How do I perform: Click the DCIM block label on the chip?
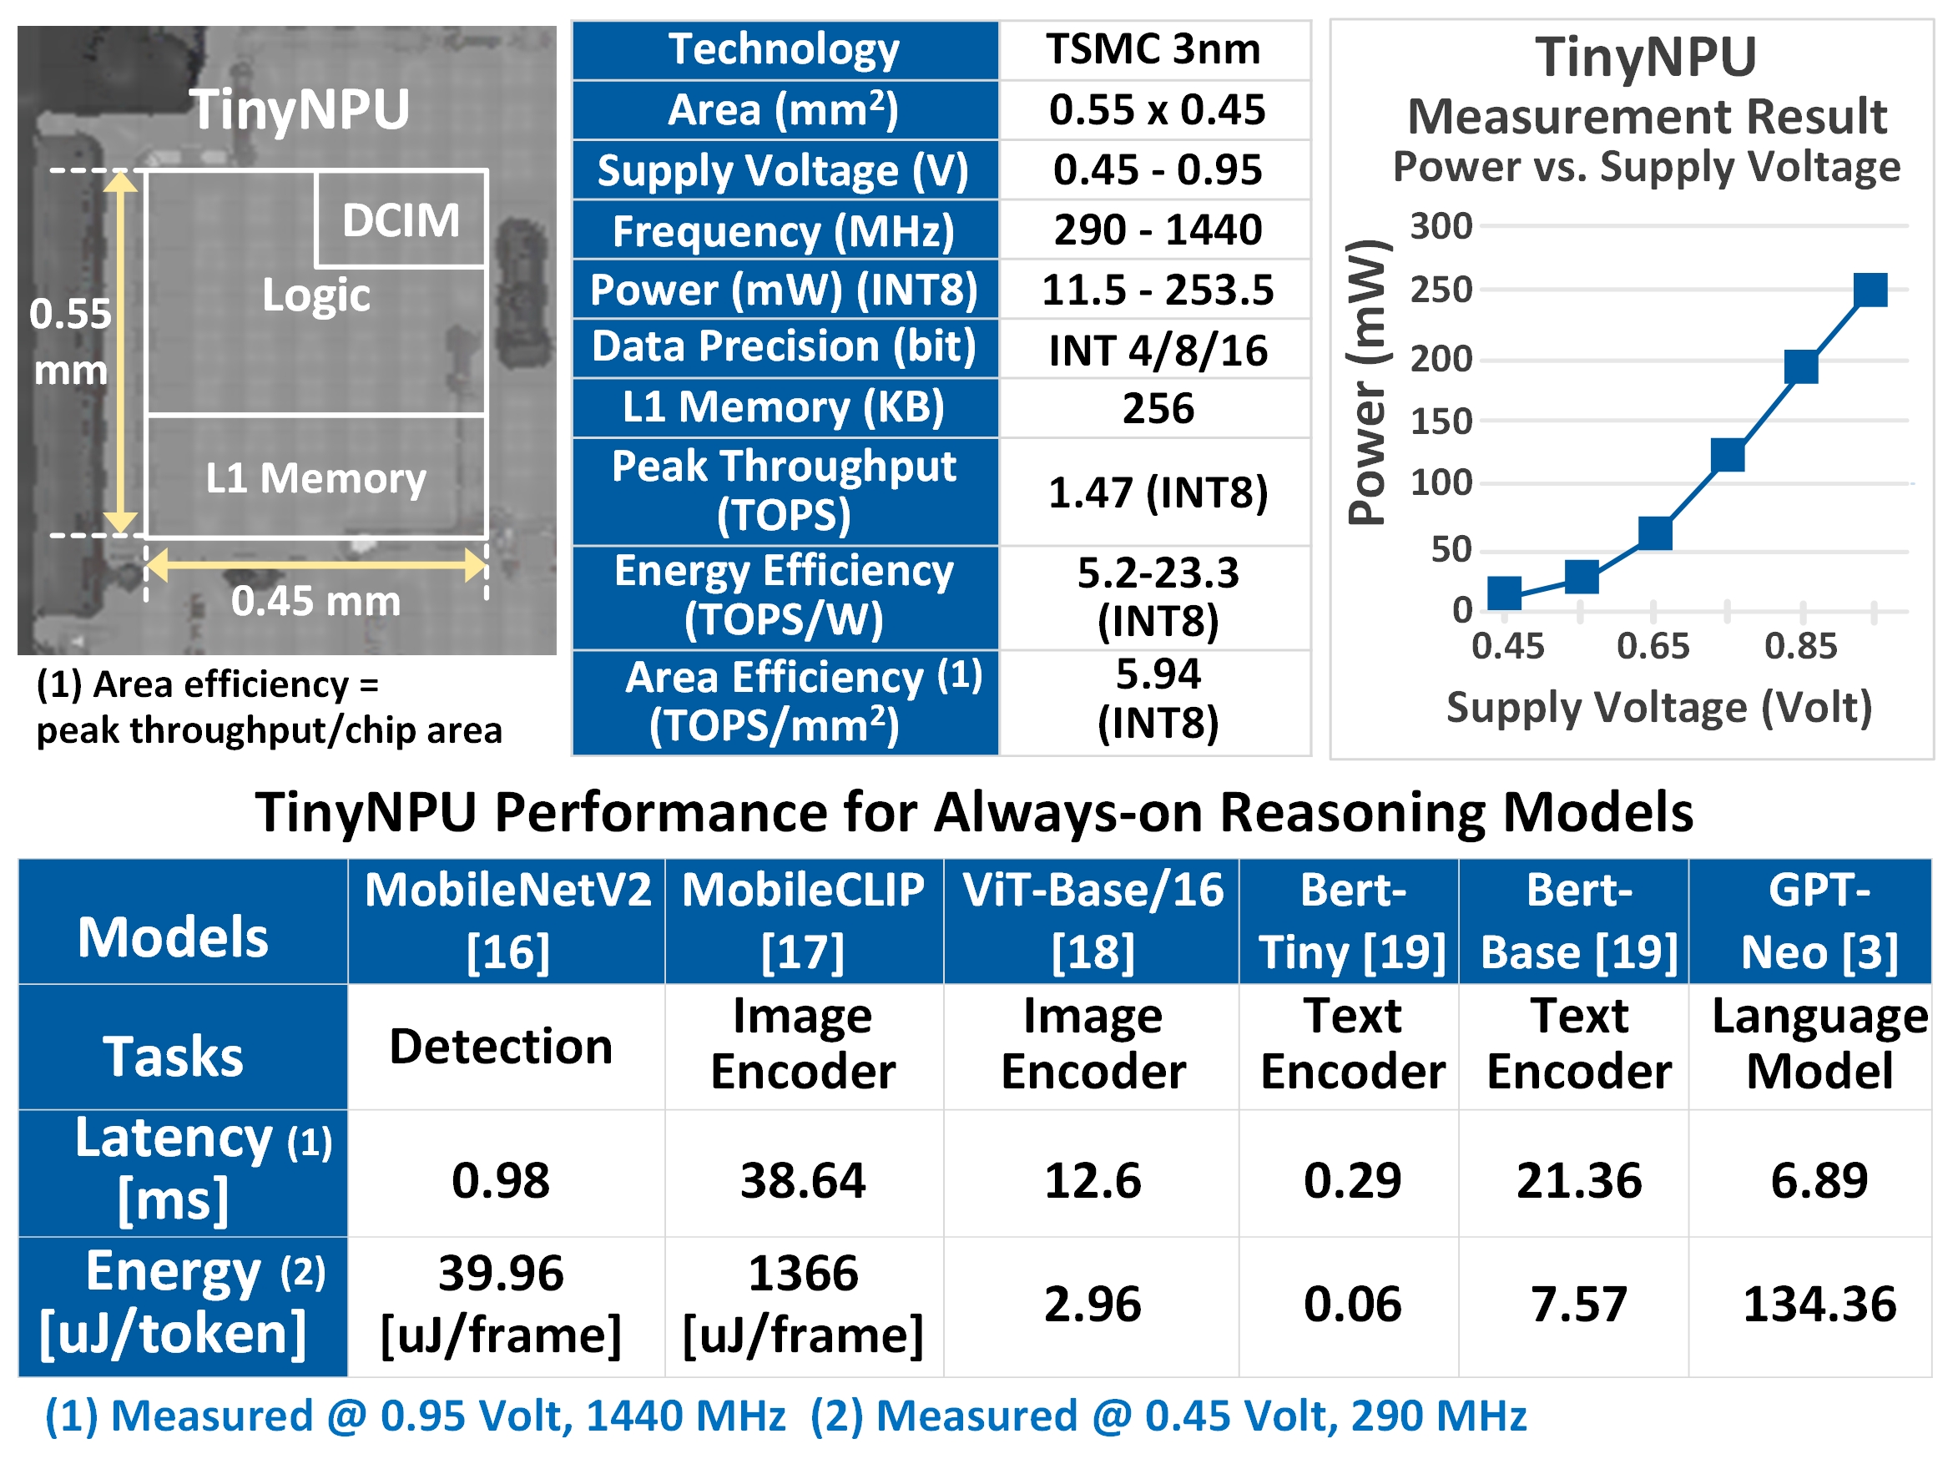click(401, 220)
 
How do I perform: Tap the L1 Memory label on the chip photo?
click(316, 478)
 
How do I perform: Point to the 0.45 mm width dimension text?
click(316, 601)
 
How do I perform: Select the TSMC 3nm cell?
click(1153, 49)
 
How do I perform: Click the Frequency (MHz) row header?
click(785, 231)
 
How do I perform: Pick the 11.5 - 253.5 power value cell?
click(1157, 290)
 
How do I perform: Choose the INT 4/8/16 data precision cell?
click(1157, 351)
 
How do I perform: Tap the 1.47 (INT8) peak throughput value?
click(1157, 492)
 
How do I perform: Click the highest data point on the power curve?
click(1870, 290)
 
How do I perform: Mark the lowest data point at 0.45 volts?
click(1505, 593)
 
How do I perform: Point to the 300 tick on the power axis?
click(1441, 227)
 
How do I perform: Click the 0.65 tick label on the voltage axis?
click(1653, 646)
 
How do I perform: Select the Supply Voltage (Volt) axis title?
click(1659, 708)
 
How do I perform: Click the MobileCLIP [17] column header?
click(803, 921)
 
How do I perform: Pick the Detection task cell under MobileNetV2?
click(501, 1047)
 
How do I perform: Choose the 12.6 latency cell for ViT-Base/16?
click(1093, 1180)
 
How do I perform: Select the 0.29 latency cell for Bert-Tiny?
click(1352, 1180)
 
